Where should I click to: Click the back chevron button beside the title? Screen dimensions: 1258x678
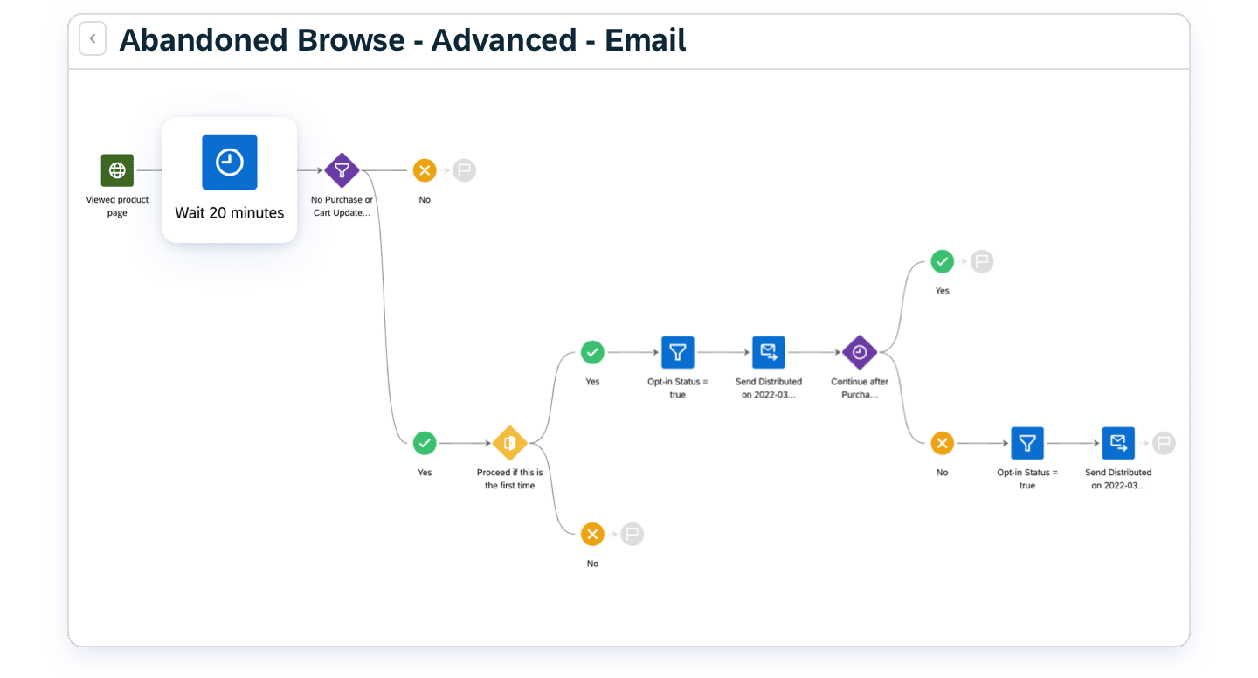[x=93, y=38]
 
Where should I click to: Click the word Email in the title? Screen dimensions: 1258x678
[x=645, y=40]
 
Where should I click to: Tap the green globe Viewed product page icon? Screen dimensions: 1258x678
[x=117, y=169]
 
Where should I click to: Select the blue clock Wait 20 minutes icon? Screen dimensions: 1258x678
[x=230, y=162]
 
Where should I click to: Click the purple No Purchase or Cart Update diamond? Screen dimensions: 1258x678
[x=342, y=169]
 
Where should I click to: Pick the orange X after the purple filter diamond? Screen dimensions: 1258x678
[x=425, y=169]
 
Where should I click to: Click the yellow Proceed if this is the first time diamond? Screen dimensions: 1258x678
[x=509, y=443]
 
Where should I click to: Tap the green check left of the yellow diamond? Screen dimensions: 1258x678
[x=425, y=443]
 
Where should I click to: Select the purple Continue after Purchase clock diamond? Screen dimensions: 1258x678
[x=860, y=352]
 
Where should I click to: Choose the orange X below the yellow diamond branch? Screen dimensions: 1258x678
[x=592, y=534]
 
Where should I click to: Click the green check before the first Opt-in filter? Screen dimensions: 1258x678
[x=592, y=352]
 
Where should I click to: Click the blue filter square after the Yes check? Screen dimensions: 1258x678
[x=677, y=352]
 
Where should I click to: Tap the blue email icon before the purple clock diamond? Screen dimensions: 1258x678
[x=768, y=352]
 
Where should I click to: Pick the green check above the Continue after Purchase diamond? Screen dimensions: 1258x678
[x=942, y=261]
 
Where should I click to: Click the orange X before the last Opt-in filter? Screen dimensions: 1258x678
[x=942, y=443]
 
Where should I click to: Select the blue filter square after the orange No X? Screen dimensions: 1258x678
[x=1027, y=443]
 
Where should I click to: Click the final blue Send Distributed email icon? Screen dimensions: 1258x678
[x=1118, y=443]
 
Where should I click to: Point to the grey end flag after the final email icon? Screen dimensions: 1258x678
[x=1164, y=443]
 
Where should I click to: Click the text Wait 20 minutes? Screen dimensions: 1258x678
[x=229, y=212]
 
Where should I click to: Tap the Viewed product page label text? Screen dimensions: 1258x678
[x=117, y=205]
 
